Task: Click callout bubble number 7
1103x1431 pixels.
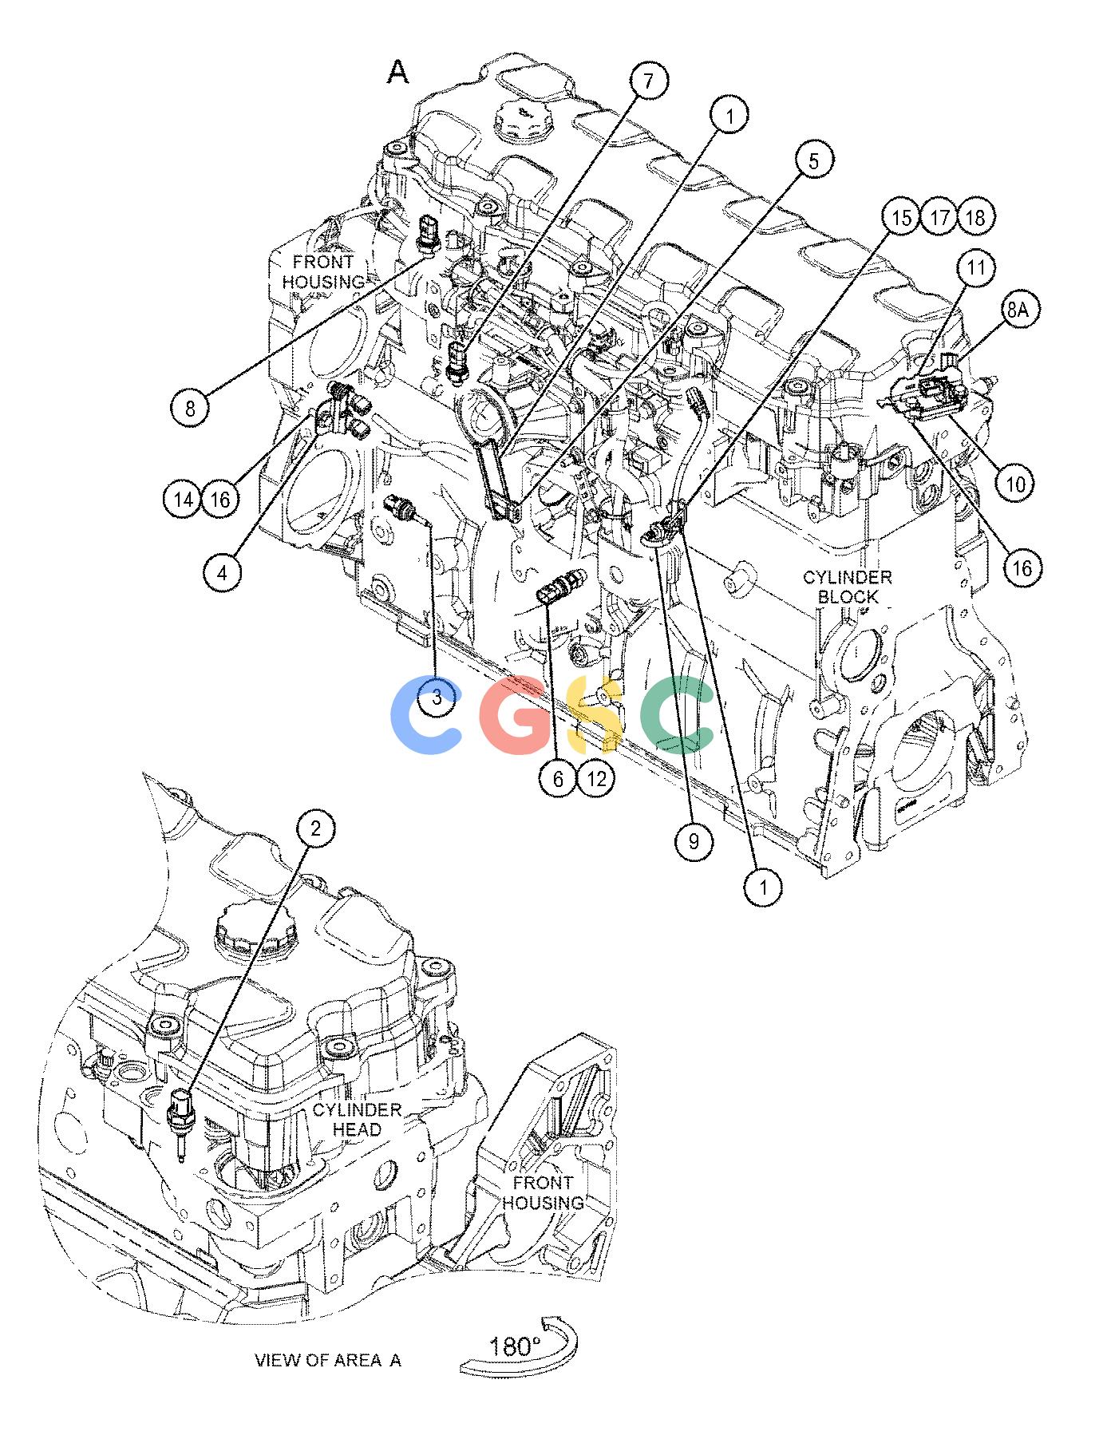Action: point(648,81)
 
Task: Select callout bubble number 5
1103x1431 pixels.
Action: point(812,161)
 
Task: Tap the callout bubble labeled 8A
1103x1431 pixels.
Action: point(1016,310)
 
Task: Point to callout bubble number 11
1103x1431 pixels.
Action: point(976,268)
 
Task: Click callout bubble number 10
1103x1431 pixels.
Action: point(1016,483)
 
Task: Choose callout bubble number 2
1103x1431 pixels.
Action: point(316,828)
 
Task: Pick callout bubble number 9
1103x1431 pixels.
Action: point(693,840)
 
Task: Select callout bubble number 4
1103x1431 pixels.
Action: point(223,572)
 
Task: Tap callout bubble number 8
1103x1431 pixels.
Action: point(190,409)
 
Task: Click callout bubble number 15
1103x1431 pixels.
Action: point(901,217)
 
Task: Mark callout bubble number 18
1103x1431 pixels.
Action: point(978,217)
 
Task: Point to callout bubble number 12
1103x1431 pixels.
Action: point(597,777)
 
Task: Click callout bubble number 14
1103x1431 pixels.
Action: point(183,500)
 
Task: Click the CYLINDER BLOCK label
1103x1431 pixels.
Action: point(848,587)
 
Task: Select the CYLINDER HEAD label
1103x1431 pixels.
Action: point(357,1119)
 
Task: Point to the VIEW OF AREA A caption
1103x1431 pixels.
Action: point(328,1360)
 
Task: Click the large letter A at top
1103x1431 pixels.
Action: point(397,73)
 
